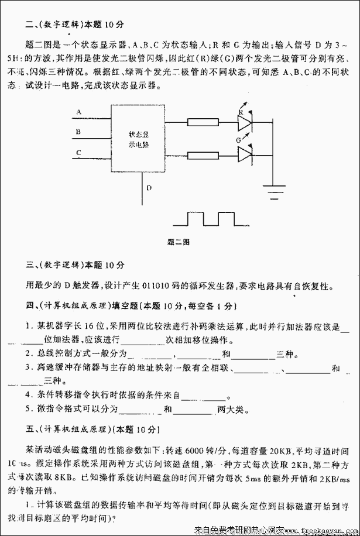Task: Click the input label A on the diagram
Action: (78, 111)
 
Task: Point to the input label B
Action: (78, 132)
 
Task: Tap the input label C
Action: (78, 152)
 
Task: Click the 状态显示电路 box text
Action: (138, 139)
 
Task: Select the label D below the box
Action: (149, 188)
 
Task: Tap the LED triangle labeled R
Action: (244, 122)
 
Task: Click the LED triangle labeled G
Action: (244, 154)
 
